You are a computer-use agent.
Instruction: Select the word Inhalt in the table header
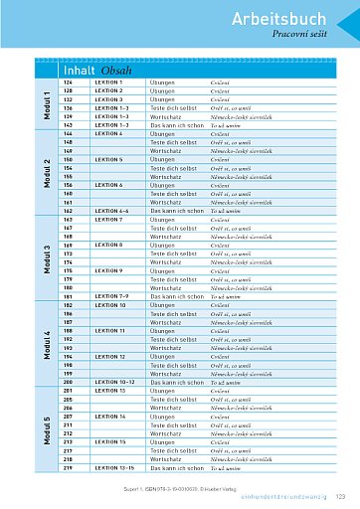coord(78,71)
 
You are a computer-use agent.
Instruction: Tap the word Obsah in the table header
coord(114,71)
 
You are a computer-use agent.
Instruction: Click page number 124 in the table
coord(71,82)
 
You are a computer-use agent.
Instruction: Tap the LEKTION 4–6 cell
coord(111,211)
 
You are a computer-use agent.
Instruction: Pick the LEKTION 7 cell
coord(108,220)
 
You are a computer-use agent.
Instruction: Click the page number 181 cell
coord(71,295)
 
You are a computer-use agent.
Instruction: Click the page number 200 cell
coord(71,381)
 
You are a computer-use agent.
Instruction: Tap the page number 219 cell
coord(71,465)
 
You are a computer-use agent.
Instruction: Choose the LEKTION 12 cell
coord(109,355)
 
